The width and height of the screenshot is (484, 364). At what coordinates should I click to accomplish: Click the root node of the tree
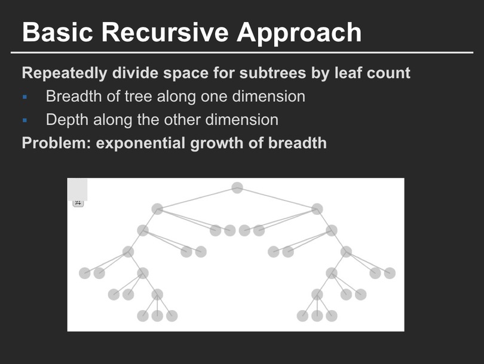237,188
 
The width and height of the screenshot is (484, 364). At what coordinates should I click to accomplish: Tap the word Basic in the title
57,32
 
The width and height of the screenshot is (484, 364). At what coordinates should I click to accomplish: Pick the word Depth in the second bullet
67,120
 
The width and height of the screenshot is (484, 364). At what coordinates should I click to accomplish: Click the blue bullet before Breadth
25,97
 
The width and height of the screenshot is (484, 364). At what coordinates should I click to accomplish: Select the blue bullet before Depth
25,120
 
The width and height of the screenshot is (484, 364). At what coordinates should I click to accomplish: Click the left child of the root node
157,209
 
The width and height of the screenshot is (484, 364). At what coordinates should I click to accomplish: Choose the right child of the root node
317,209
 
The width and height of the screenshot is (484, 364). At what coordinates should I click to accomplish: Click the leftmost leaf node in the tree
85,273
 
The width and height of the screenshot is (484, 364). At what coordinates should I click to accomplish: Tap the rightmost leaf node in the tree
390,273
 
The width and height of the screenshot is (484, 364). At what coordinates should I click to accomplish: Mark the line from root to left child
197,199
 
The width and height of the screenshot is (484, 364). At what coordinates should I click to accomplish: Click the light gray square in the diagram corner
77,189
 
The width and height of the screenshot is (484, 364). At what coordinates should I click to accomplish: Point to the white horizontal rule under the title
242,53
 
